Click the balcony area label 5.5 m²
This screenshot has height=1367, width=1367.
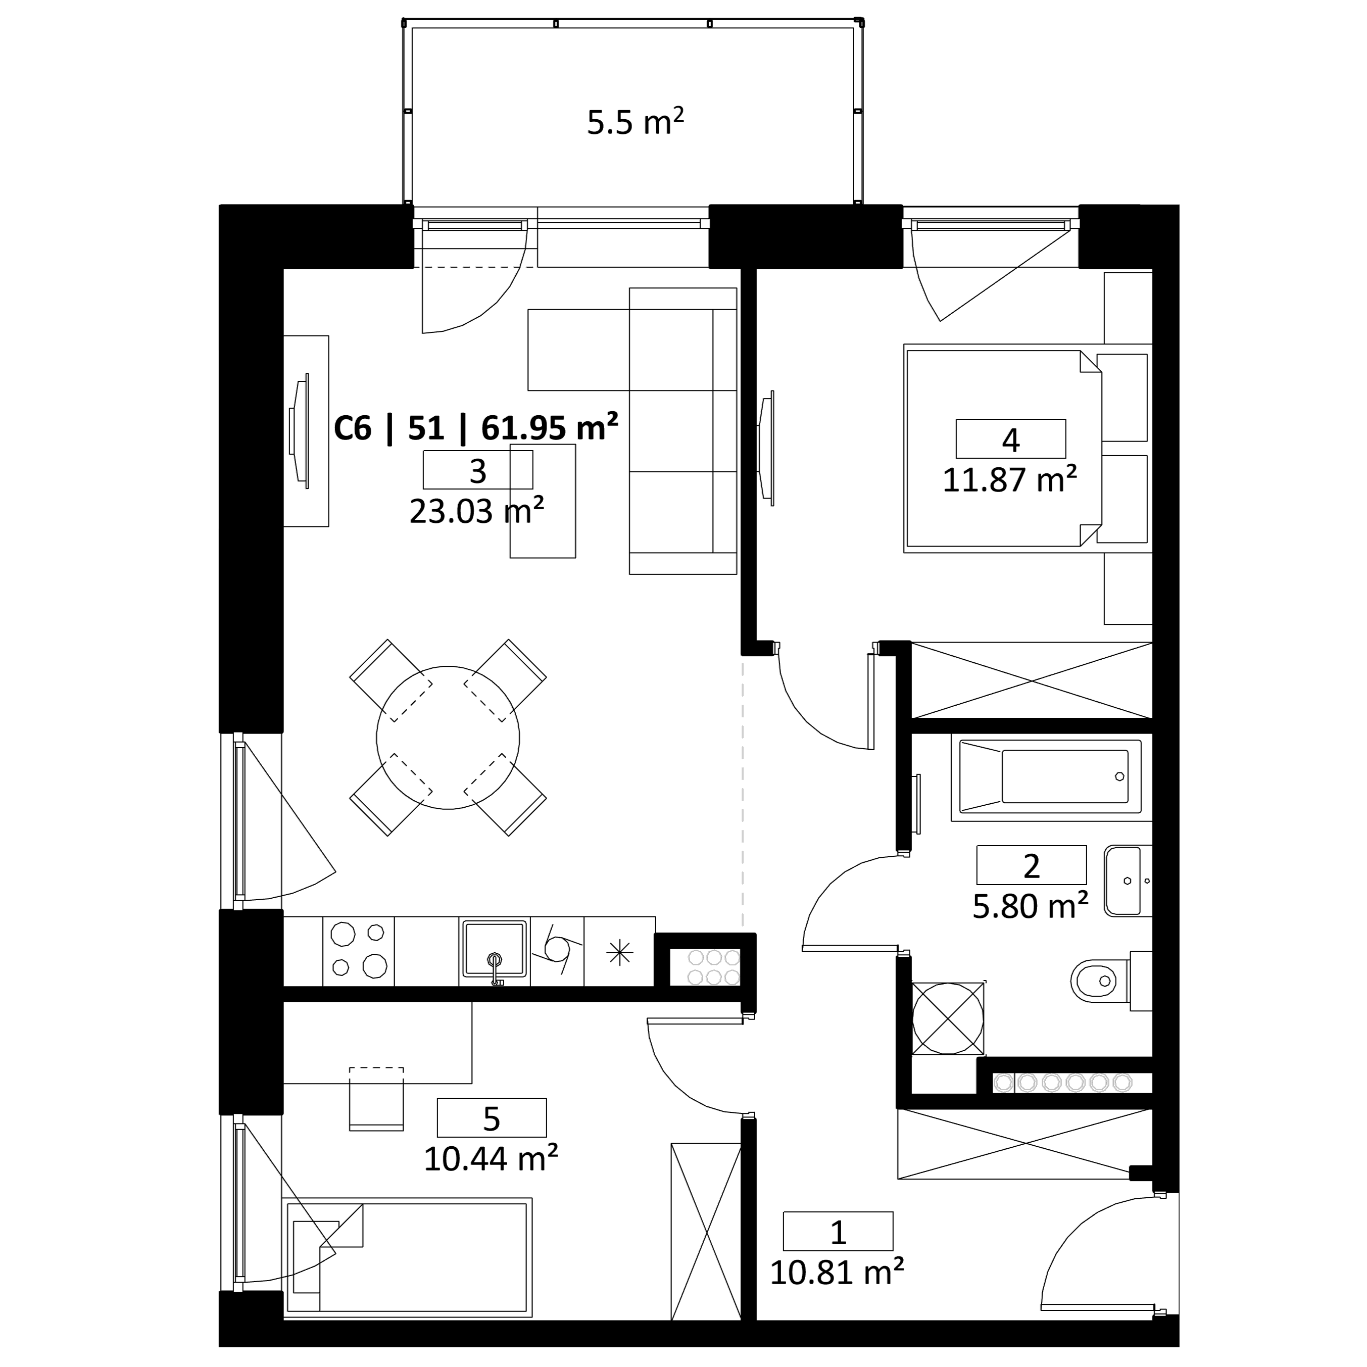634,121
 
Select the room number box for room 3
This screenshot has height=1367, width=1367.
477,470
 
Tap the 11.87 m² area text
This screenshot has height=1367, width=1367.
1010,480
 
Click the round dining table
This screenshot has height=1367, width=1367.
448,738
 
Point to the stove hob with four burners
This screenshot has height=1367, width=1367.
358,950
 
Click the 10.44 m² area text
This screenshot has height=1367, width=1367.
491,1159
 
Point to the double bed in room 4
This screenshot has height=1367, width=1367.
1003,448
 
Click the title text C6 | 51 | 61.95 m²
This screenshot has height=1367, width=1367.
475,427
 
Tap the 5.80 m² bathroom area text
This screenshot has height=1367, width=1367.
1030,906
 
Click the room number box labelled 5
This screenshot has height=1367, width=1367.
492,1117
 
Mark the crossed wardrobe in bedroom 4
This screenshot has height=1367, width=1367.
1032,680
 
